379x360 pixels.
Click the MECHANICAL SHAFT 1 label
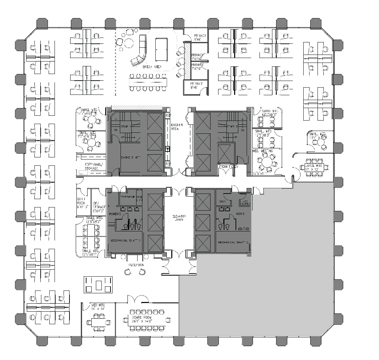tap(125, 240)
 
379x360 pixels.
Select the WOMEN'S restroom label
tap(115, 213)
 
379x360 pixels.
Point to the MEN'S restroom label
tap(240, 214)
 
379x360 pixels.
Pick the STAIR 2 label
tap(231, 126)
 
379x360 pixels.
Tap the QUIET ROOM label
tap(82, 202)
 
